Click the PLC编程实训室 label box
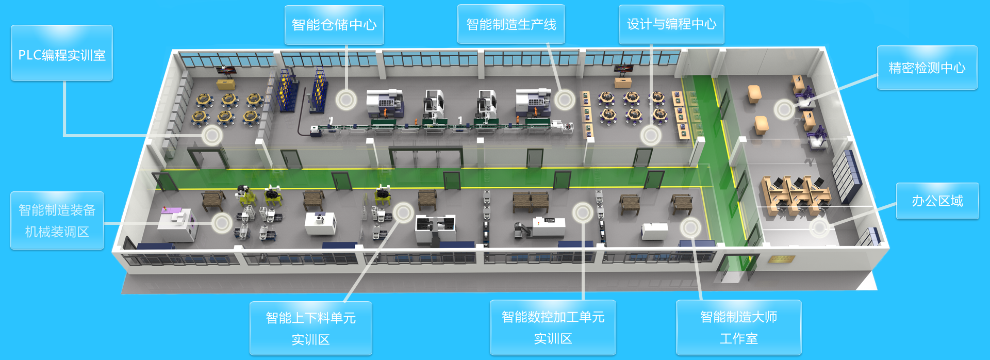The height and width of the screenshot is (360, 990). click(x=62, y=53)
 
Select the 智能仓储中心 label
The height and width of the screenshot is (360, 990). click(x=334, y=25)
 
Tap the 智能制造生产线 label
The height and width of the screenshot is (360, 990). click(x=511, y=24)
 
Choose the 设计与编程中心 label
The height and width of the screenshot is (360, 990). click(x=671, y=24)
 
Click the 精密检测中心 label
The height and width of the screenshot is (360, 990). click(x=927, y=68)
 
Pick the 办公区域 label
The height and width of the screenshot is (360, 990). click(x=937, y=201)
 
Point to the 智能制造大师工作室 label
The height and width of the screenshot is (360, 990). click(x=738, y=328)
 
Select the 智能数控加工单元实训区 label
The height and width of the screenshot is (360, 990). click(x=553, y=328)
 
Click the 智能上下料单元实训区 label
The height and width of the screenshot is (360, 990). click(x=310, y=329)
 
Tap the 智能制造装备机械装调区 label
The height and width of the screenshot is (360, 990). click(x=57, y=221)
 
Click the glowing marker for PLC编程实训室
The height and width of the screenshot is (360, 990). click(x=211, y=136)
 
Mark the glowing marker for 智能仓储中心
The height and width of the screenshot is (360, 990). click(x=346, y=99)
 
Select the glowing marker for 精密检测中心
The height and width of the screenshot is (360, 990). click(x=784, y=109)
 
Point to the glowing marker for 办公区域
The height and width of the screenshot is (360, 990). click(x=819, y=227)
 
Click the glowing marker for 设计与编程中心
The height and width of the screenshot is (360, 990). click(x=651, y=136)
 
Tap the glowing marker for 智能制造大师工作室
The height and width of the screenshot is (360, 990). click(x=690, y=227)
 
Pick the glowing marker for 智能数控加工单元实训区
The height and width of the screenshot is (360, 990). click(x=583, y=212)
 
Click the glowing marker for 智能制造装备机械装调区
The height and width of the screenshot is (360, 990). click(x=222, y=223)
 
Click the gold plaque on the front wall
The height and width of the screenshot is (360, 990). click(x=781, y=259)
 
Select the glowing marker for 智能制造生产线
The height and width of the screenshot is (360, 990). click(x=565, y=100)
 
